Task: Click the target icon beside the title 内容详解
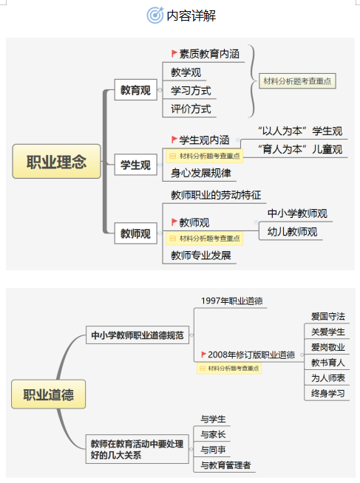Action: [x=155, y=16]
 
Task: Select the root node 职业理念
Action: [x=56, y=162]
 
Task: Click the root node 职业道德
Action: [x=48, y=394]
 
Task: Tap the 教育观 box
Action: [x=135, y=90]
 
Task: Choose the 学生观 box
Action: [x=135, y=165]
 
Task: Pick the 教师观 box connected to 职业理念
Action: [x=135, y=233]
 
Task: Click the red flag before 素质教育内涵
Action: [x=174, y=54]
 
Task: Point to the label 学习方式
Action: [x=191, y=91]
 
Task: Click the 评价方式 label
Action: [x=191, y=109]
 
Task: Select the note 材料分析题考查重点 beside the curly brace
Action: [x=297, y=81]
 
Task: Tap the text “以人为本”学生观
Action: [x=300, y=131]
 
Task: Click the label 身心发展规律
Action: [x=201, y=173]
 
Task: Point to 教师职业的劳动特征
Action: [x=216, y=195]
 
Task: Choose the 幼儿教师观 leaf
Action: [x=292, y=232]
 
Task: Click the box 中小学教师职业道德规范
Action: [x=137, y=335]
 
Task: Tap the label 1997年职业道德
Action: [x=232, y=301]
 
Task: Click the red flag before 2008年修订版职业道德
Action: [x=203, y=354]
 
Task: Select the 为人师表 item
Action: [x=328, y=377]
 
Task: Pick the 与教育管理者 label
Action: [x=225, y=465]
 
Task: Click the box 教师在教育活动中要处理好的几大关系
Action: [x=137, y=449]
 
